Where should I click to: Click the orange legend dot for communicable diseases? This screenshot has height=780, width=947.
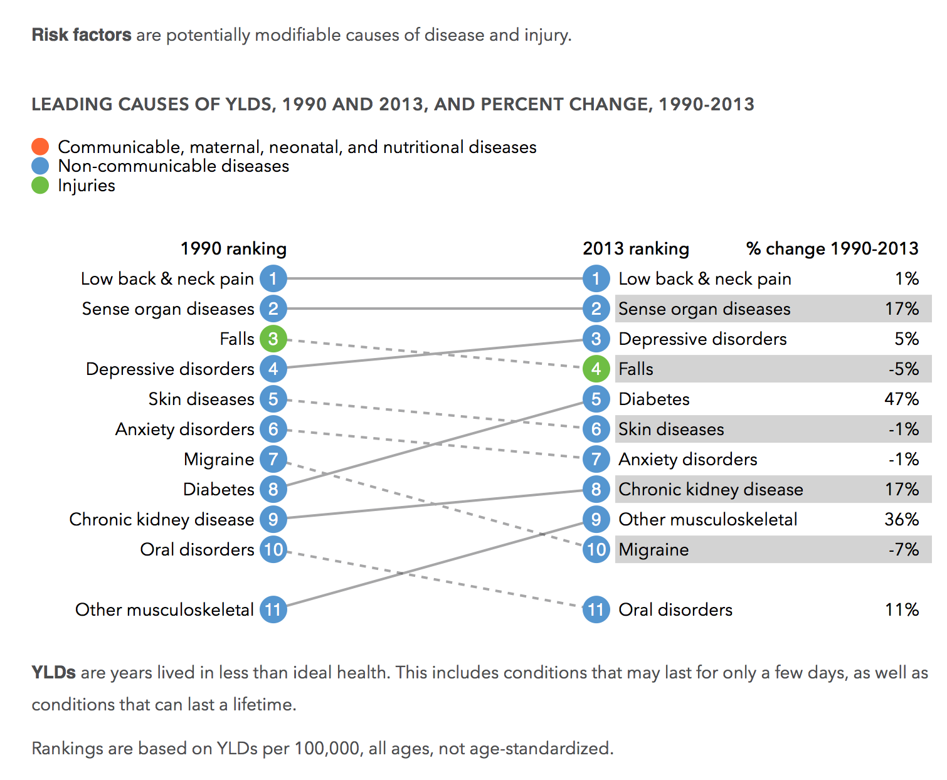(40, 147)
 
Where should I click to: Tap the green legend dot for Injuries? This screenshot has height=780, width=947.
(40, 185)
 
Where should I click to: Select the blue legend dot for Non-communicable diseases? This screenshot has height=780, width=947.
(40, 166)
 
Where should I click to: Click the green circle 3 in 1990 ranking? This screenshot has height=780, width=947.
(273, 339)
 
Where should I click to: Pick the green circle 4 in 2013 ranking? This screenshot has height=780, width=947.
(596, 369)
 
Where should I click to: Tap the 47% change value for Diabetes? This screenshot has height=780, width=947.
(902, 399)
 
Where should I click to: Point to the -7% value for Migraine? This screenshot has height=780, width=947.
(904, 550)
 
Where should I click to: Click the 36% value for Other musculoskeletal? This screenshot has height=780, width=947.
(902, 519)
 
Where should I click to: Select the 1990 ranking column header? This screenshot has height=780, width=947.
(233, 249)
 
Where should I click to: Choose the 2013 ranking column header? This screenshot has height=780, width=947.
(636, 249)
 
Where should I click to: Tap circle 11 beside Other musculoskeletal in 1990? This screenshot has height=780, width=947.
(273, 609)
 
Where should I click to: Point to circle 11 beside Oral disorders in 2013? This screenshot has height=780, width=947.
(596, 609)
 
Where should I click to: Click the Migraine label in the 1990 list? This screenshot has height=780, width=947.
(219, 460)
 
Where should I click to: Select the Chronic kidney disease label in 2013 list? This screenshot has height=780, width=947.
(711, 490)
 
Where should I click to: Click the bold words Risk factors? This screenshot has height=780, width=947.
(82, 35)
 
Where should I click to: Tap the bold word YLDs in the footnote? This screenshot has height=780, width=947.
(53, 672)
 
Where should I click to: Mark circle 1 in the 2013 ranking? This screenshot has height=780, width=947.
(596, 278)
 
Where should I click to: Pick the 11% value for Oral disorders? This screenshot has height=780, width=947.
(902, 610)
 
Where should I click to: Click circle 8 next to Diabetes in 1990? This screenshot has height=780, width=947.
(273, 489)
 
